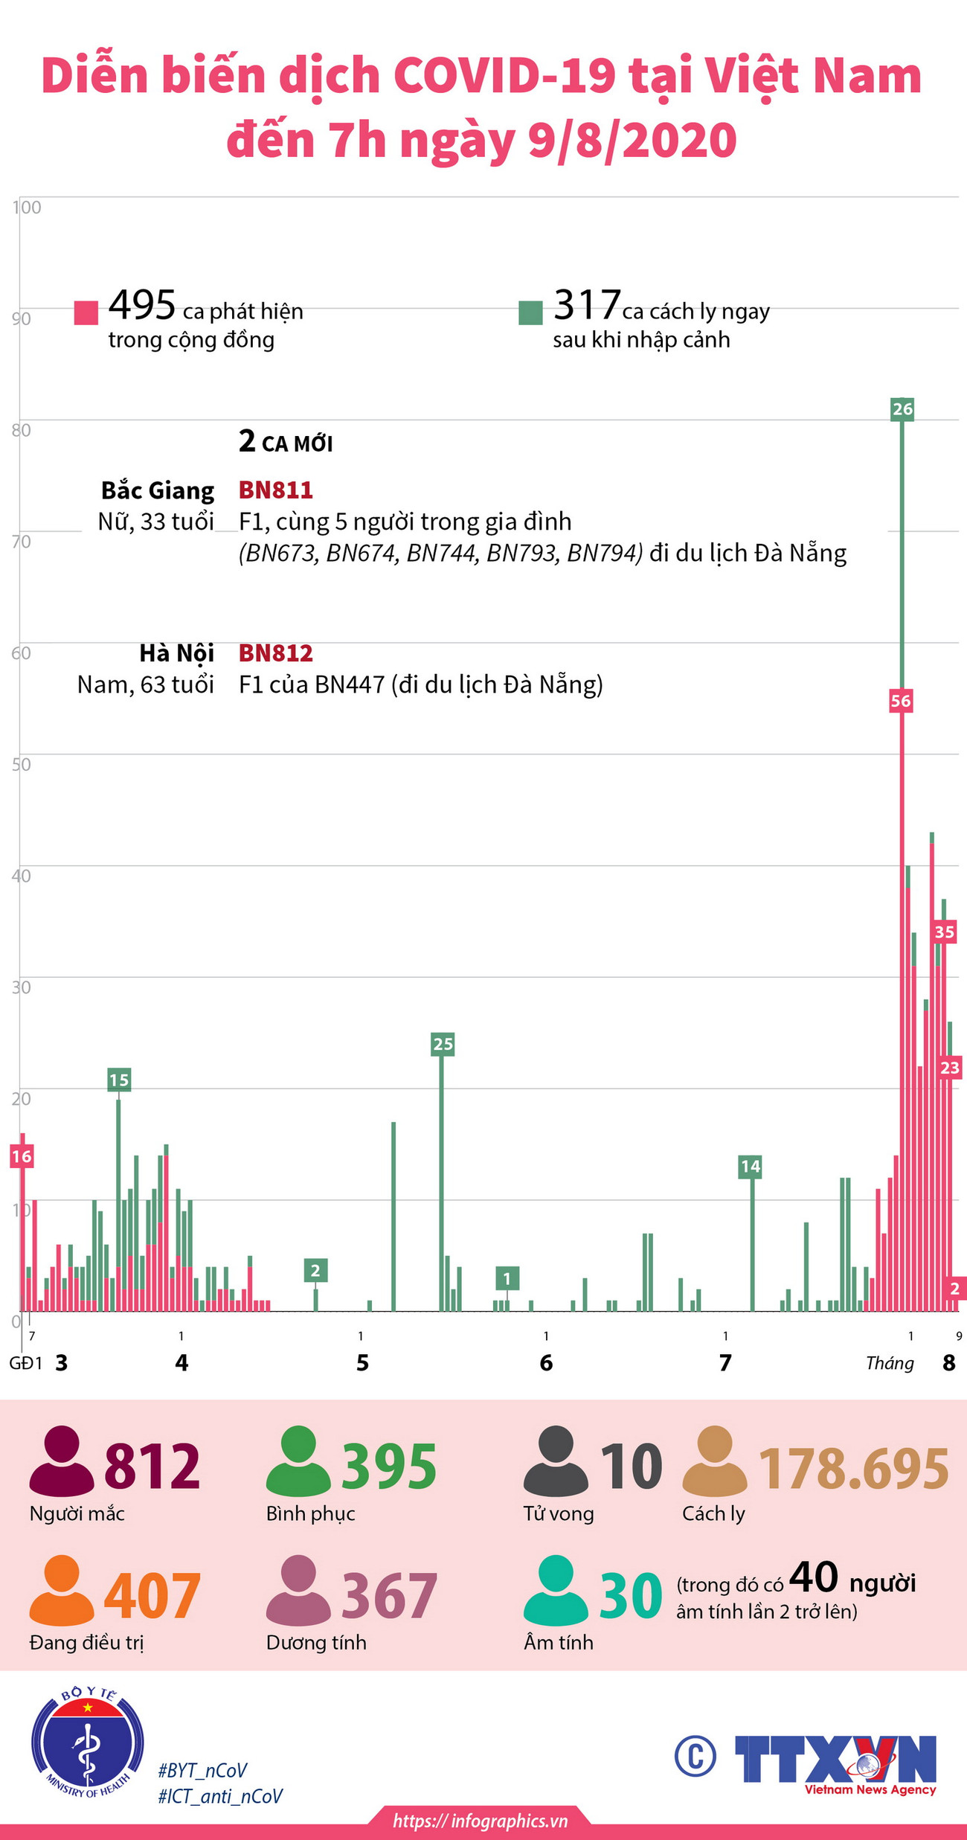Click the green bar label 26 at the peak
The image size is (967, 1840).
pos(902,408)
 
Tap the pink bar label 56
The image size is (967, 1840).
pos(900,700)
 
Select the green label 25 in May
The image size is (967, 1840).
pos(443,1044)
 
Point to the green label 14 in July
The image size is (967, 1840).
pos(750,1166)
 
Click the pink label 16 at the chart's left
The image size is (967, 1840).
pos(22,1156)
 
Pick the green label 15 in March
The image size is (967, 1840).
pos(119,1080)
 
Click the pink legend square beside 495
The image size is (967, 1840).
pos(86,312)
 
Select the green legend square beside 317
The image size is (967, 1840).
pos(530,312)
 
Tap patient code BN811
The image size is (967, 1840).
pos(275,490)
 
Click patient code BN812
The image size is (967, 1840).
pos(275,653)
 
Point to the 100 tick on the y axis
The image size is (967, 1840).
pos(27,208)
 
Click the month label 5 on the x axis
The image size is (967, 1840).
pos(362,1363)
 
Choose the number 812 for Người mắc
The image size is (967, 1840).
pos(152,1466)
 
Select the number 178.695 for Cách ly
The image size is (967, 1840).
pos(853,1469)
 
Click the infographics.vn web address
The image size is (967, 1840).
pos(481,1821)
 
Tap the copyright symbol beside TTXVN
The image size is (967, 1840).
pos(695,1756)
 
